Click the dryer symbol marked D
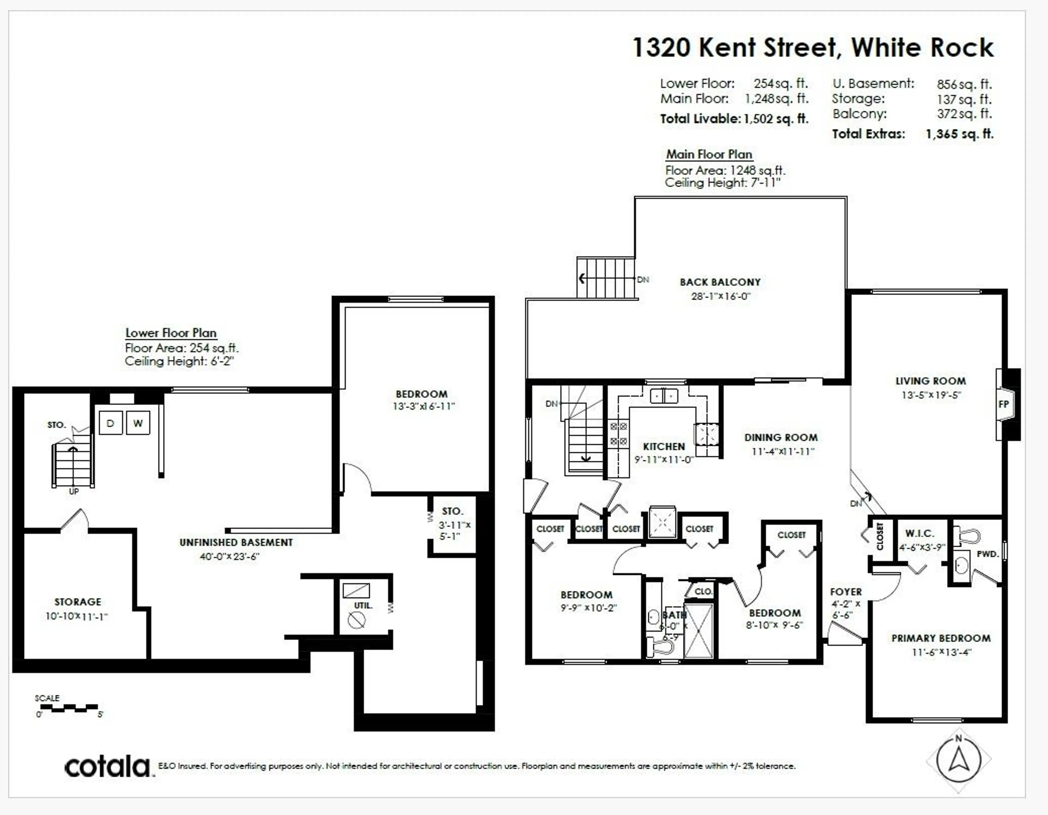[110, 423]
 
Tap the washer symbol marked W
[138, 423]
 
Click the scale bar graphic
[69, 708]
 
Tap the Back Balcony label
[720, 282]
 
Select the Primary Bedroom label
[940, 638]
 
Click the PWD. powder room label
[987, 554]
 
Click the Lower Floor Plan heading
[171, 333]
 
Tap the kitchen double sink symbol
[664, 396]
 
